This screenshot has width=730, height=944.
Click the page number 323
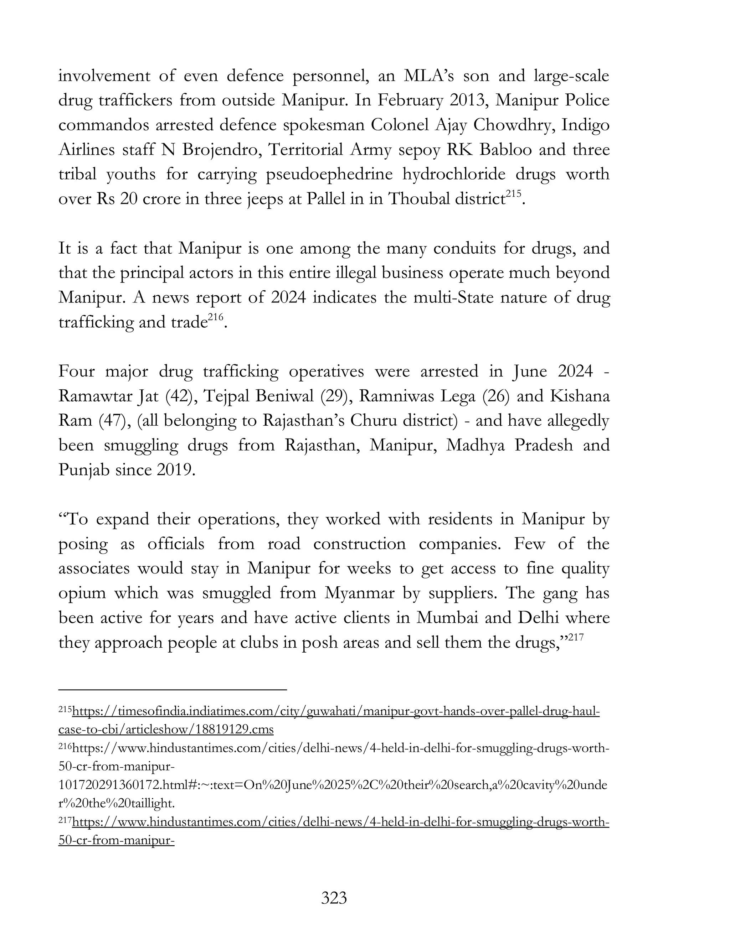[334, 898]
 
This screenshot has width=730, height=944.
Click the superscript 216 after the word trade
[215, 318]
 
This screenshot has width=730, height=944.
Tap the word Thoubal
[418, 199]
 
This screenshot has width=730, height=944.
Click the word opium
[82, 593]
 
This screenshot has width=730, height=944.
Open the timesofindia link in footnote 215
[335, 711]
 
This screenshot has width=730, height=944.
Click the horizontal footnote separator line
[173, 690]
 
